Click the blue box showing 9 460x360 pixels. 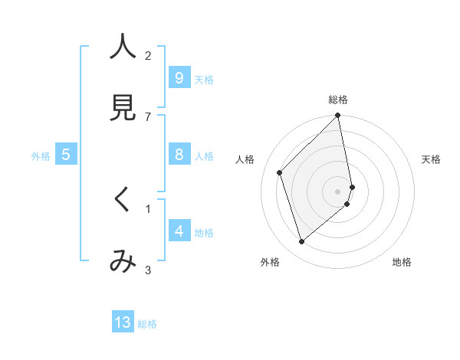179,78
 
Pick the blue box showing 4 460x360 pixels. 179,231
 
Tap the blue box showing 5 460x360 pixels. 66,155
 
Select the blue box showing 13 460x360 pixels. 123,322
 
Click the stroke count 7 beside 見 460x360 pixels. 148,116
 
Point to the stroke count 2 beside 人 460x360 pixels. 148,55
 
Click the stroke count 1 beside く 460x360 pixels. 148,208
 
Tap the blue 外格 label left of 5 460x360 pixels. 41,156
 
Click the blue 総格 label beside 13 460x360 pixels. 147,324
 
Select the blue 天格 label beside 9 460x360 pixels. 204,79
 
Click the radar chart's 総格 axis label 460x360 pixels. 338,100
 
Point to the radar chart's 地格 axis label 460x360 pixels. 402,262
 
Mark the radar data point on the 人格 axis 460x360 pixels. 280,172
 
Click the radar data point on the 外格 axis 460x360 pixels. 301,242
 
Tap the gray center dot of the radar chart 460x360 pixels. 338,191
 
